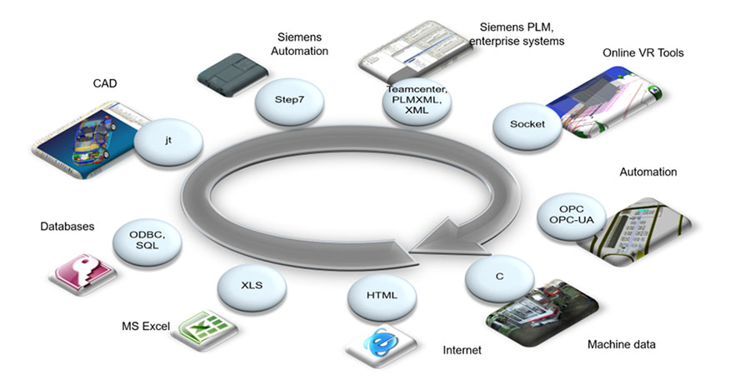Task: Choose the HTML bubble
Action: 382,296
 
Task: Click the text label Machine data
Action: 621,344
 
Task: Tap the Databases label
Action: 67,226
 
